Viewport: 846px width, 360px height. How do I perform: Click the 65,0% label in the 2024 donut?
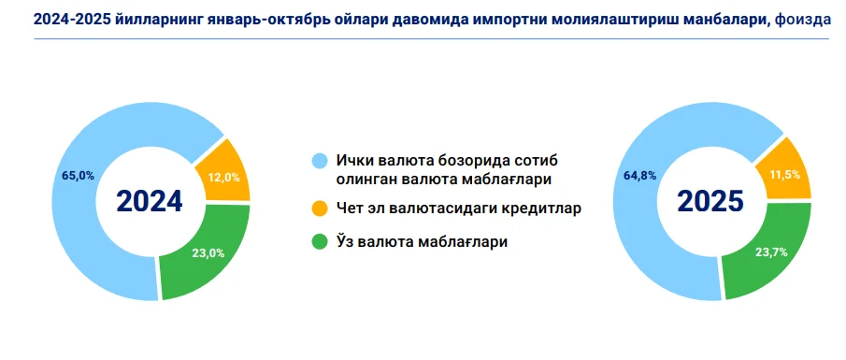[x=79, y=176]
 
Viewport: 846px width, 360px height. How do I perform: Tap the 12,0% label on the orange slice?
[x=223, y=177]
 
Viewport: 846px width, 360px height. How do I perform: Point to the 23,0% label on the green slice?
[x=208, y=253]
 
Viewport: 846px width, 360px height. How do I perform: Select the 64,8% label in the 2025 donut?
[x=640, y=175]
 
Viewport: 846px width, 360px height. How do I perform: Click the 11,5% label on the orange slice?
[x=784, y=175]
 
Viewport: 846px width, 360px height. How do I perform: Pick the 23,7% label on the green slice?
[x=770, y=252]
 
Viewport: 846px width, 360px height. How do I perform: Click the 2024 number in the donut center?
[x=150, y=201]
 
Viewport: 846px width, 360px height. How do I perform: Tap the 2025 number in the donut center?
[x=710, y=201]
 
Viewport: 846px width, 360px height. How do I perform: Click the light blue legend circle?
[x=320, y=162]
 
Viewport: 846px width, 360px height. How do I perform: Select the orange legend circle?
[x=320, y=209]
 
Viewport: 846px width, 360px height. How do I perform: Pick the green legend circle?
[x=320, y=242]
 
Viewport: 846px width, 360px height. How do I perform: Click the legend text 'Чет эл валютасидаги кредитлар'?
[x=459, y=209]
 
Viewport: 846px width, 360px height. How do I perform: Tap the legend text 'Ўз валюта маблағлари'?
[x=422, y=242]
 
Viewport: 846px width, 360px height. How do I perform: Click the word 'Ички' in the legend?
[x=355, y=162]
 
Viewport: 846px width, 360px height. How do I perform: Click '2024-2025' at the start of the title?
[x=71, y=20]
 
